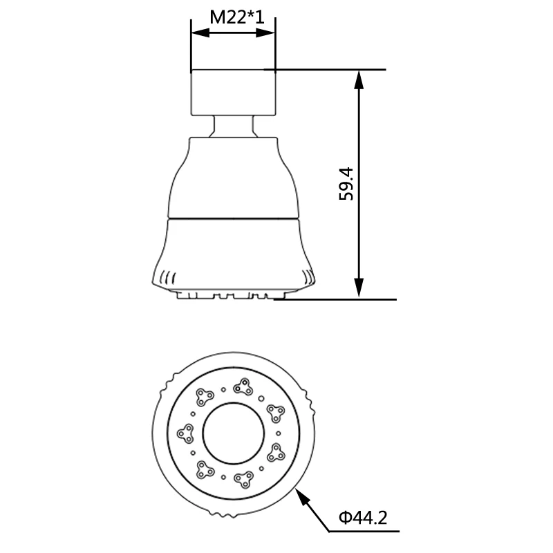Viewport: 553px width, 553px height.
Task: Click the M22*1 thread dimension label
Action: point(237,17)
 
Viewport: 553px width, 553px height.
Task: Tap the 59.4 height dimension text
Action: point(346,184)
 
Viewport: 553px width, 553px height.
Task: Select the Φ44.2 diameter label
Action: point(363,517)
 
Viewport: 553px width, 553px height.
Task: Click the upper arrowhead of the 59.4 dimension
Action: point(359,79)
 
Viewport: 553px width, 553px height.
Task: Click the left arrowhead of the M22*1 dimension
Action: point(200,32)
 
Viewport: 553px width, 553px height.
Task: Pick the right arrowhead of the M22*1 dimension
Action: point(265,32)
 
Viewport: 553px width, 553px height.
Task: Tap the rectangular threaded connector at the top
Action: point(233,93)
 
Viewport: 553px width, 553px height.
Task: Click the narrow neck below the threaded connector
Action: point(233,126)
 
